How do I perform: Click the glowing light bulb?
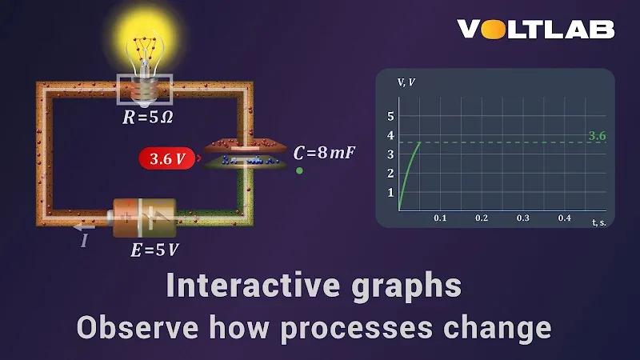(145, 56)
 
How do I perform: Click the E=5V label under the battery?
(154, 250)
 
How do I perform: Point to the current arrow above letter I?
(84, 227)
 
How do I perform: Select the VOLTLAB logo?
(536, 30)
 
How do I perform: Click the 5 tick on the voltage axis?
(391, 116)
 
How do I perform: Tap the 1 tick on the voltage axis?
(391, 193)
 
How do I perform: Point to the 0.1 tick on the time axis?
(440, 218)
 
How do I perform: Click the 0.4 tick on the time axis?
(565, 218)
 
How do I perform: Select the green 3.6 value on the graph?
(597, 136)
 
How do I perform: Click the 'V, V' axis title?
(406, 82)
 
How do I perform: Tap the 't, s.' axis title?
(598, 222)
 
